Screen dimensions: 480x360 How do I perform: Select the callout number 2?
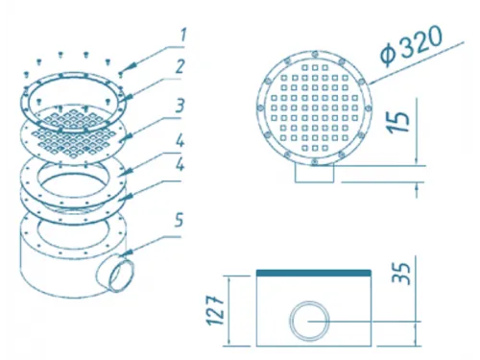pos(180,66)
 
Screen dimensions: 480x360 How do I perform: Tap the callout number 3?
pos(180,106)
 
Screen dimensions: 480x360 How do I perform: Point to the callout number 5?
pos(180,221)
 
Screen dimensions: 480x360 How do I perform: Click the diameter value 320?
pos(420,42)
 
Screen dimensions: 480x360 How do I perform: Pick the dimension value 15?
pos(399,122)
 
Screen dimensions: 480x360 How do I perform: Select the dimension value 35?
pos(401,274)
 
